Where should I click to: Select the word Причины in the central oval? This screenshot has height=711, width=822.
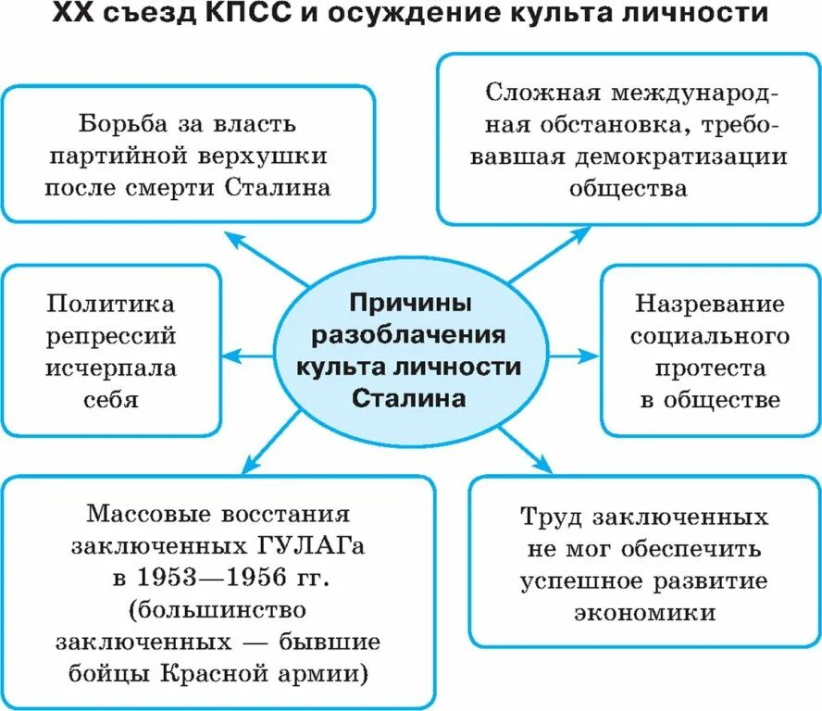408,303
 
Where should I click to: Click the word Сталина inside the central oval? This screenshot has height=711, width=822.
408,398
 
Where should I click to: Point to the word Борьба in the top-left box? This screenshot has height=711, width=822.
124,123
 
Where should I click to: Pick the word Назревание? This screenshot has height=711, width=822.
710,304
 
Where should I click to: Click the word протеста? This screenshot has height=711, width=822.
711,368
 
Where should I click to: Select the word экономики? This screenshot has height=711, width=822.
644,612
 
